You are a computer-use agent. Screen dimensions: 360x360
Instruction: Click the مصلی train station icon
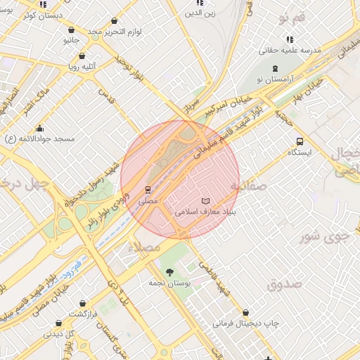(148, 189)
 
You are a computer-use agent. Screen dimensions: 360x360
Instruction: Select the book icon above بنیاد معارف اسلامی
(205, 201)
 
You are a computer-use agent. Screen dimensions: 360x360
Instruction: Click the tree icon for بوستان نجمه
(169, 272)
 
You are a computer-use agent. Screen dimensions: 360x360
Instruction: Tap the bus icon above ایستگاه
(300, 141)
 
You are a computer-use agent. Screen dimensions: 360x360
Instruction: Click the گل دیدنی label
(58, 334)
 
